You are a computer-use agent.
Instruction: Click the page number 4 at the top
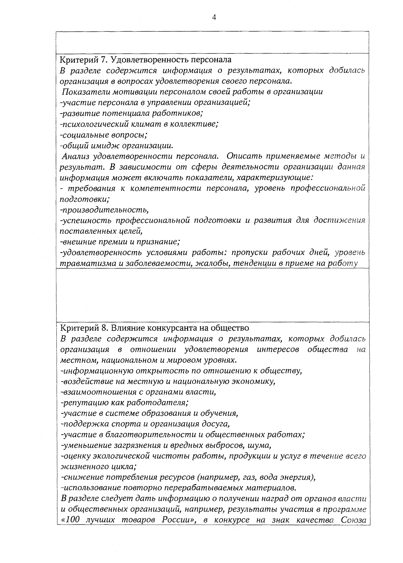coord(214,18)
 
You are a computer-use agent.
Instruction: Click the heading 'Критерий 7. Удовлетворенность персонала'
coord(145,60)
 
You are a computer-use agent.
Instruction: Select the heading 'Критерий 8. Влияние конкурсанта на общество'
coord(154,327)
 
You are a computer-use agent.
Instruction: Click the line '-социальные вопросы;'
coord(104,135)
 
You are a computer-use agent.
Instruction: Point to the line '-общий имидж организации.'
coord(117,146)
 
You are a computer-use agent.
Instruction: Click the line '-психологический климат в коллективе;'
coord(139,124)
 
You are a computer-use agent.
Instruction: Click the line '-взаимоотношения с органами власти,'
coord(138,392)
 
